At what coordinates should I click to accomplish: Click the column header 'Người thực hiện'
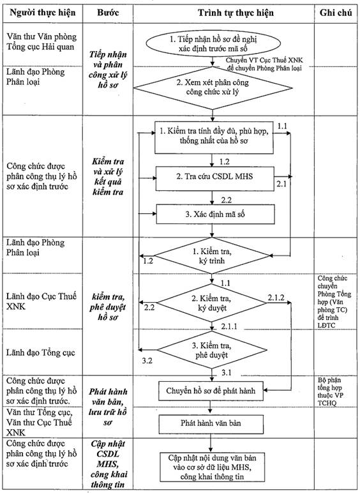tap(43, 13)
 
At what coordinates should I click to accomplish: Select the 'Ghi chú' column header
tap(336, 13)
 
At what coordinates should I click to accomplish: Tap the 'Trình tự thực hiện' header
tap(236, 13)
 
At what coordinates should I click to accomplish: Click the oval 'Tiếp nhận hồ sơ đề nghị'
tap(213, 43)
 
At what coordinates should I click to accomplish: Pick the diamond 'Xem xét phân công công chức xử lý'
tap(213, 88)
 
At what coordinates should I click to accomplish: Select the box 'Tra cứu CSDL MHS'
tap(215, 179)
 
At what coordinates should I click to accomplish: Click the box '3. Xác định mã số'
tap(216, 215)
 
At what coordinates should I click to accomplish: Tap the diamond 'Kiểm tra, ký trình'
tap(212, 256)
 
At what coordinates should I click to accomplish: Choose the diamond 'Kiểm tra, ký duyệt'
tap(211, 303)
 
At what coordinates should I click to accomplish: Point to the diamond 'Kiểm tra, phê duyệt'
tap(212, 350)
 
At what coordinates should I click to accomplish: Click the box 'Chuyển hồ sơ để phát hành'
tap(211, 391)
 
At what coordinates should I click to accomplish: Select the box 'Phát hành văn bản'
tap(211, 424)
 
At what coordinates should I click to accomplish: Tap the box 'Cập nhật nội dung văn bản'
tap(212, 467)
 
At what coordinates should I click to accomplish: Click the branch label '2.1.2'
tap(276, 298)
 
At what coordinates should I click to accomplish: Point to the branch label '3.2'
tap(147, 361)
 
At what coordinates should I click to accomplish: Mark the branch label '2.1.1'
tap(229, 327)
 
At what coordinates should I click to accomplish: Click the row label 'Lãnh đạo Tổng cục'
tap(41, 353)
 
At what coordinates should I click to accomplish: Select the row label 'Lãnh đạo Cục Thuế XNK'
tap(41, 301)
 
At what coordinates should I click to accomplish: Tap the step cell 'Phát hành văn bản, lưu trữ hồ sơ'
tap(108, 407)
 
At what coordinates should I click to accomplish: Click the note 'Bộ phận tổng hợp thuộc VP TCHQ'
tap(330, 391)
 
